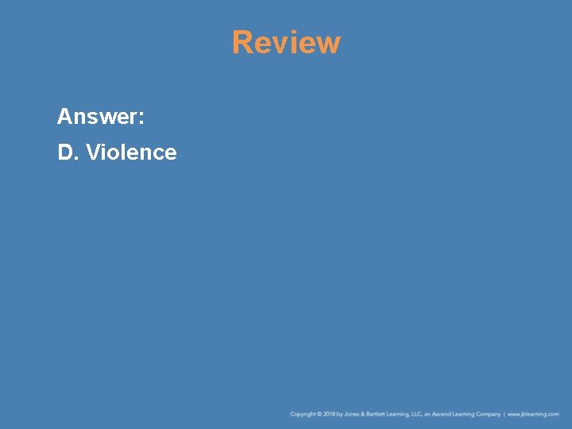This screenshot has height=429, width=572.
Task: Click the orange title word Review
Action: (x=286, y=42)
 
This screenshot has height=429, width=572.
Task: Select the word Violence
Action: (x=131, y=152)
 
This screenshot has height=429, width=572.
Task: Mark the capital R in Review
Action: (x=242, y=42)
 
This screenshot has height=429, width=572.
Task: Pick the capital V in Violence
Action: (x=92, y=152)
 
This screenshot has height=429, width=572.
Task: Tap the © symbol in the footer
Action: (x=319, y=414)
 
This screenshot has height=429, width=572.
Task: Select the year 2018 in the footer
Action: (x=330, y=414)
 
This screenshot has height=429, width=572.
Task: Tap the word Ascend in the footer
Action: (x=440, y=414)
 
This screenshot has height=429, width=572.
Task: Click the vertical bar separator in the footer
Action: (x=504, y=414)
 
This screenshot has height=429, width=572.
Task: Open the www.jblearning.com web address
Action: (x=533, y=414)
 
